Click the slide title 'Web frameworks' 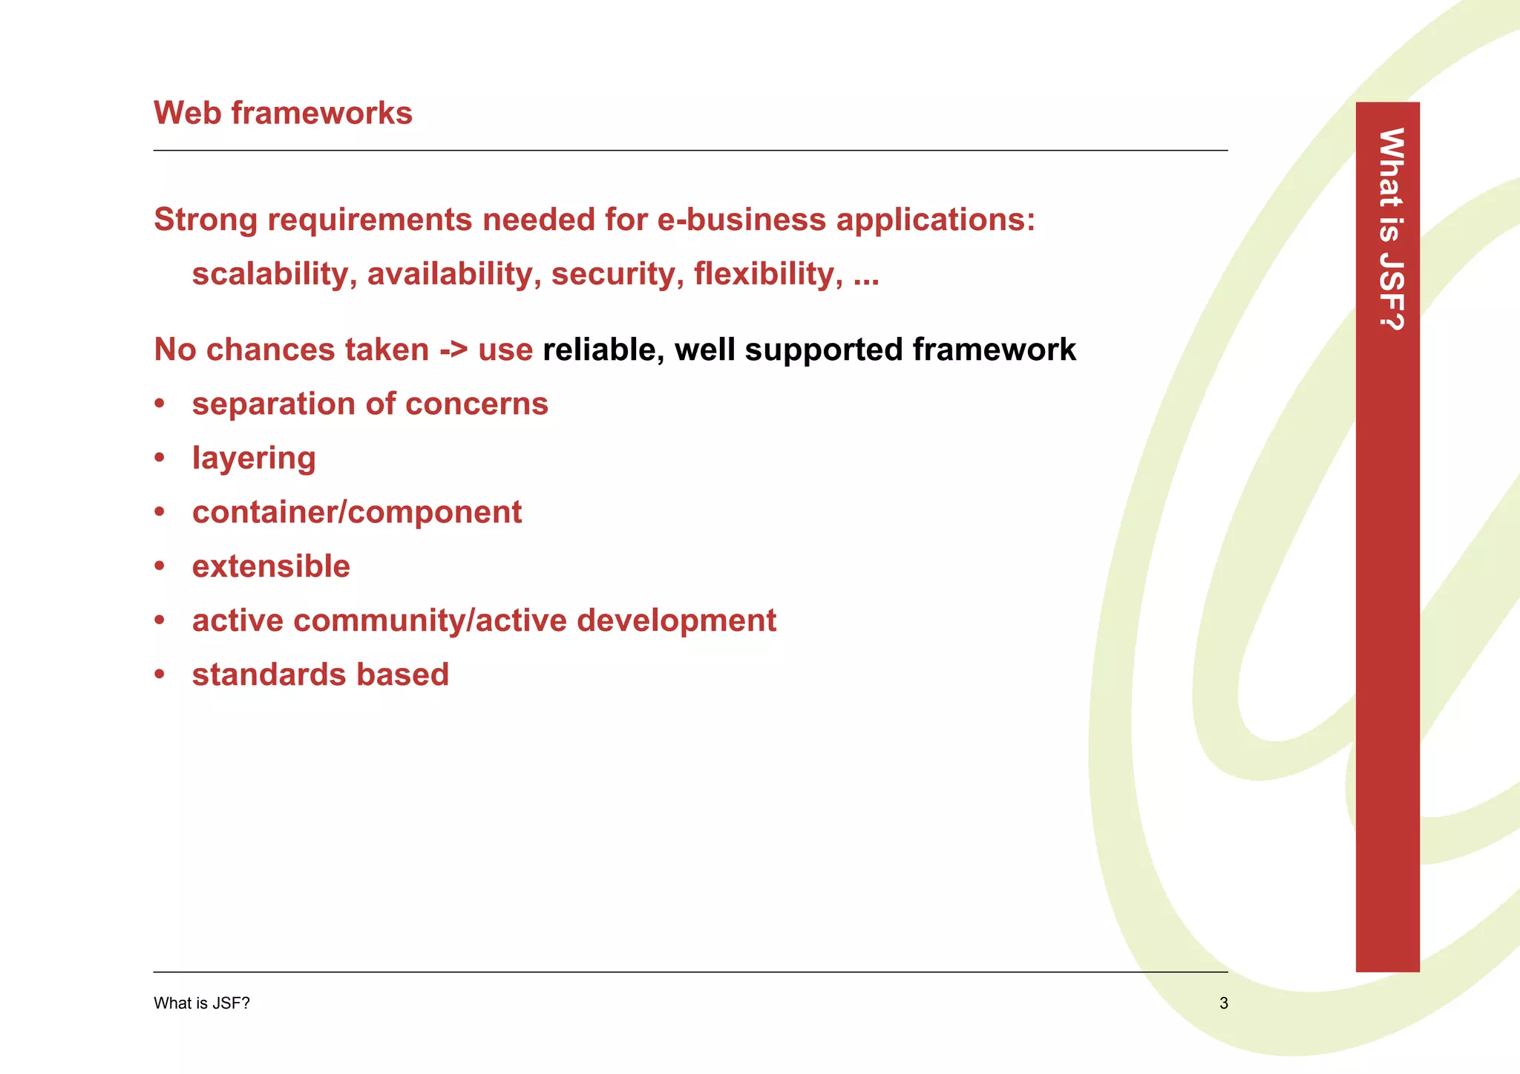click(x=283, y=114)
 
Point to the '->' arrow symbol click(x=453, y=350)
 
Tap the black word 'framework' click(x=994, y=350)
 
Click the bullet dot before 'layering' click(x=159, y=459)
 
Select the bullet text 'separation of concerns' click(x=370, y=405)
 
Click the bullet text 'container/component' click(x=356, y=513)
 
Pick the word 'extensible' click(x=271, y=567)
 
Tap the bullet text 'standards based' click(x=320, y=675)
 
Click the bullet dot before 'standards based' click(x=159, y=675)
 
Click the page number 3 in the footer click(x=1223, y=1003)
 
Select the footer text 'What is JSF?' click(x=201, y=1003)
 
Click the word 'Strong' click(x=206, y=220)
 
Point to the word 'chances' click(x=318, y=350)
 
